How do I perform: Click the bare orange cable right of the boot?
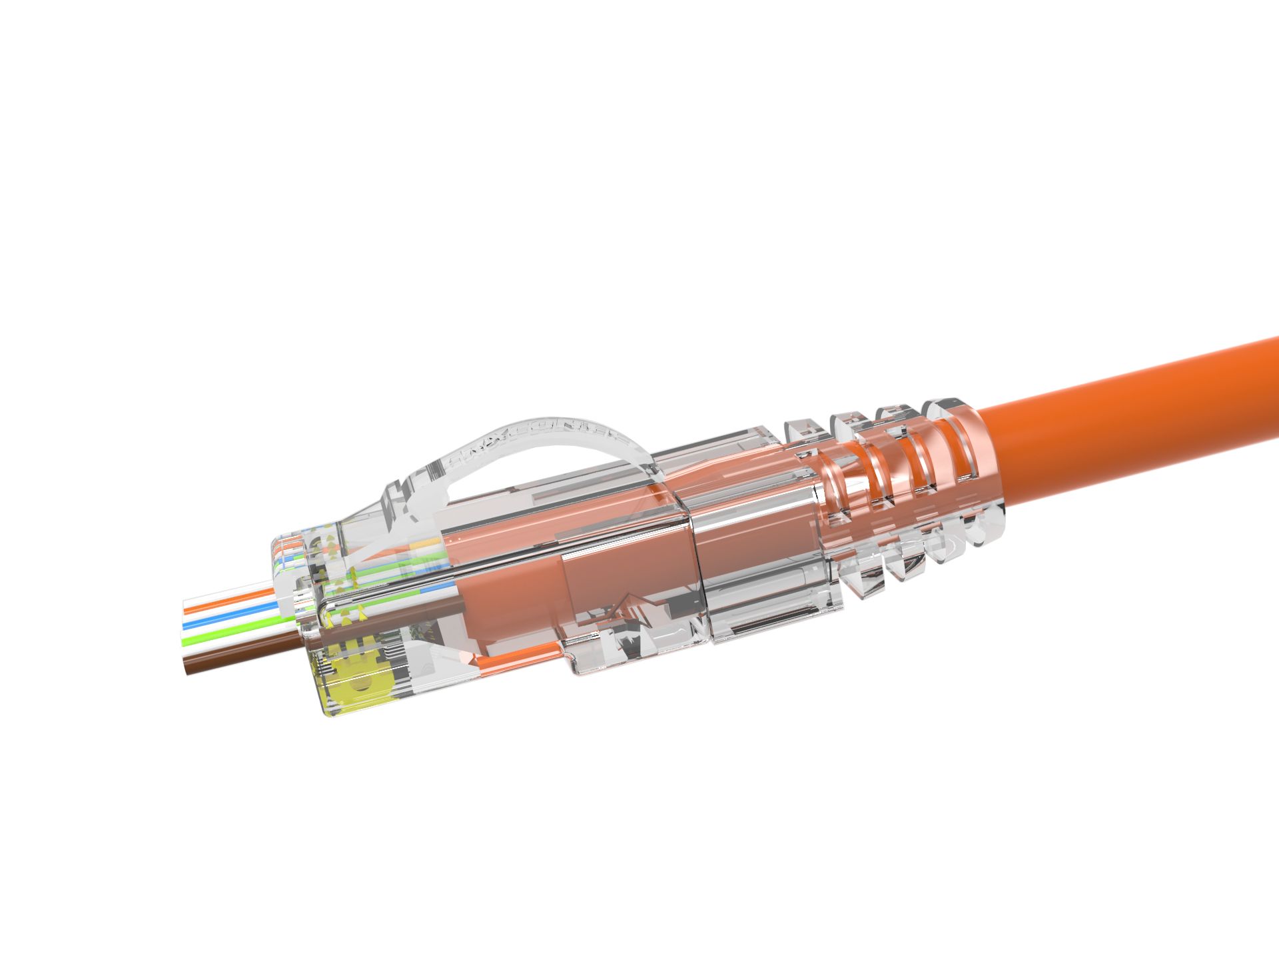click(1132, 413)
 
